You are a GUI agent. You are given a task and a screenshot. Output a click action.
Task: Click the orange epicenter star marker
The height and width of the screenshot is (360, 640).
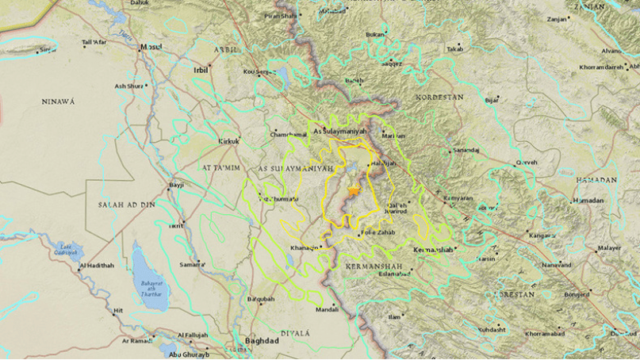coord(353,190)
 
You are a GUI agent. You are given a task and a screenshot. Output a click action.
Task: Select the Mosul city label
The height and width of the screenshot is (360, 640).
coord(151,47)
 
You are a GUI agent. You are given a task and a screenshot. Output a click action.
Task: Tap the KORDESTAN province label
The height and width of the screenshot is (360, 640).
coord(439,96)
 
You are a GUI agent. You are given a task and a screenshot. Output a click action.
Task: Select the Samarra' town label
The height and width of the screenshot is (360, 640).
coord(193,263)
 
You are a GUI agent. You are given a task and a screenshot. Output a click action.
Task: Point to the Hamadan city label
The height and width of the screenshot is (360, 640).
coord(588,201)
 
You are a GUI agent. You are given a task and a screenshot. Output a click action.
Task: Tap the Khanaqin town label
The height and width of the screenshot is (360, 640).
coord(306,247)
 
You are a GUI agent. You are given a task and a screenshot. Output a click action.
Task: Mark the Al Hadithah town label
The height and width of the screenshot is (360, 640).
coord(96,265)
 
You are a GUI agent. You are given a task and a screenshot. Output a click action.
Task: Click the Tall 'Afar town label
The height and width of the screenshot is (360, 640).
coord(94,41)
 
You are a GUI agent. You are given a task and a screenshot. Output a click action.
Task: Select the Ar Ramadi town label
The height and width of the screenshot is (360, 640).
coord(138,340)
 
